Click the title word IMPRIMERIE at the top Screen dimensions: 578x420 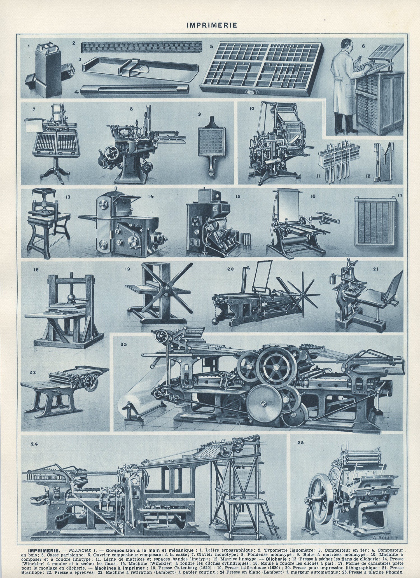(x=212, y=25)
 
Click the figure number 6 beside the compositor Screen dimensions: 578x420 (x=363, y=46)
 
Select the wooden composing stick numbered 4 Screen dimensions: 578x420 (x=134, y=90)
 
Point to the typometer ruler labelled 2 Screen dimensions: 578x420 (x=141, y=48)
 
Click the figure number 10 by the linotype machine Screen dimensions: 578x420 (x=252, y=108)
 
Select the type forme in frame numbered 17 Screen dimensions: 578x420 (x=375, y=221)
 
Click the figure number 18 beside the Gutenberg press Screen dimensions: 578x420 (x=36, y=270)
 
